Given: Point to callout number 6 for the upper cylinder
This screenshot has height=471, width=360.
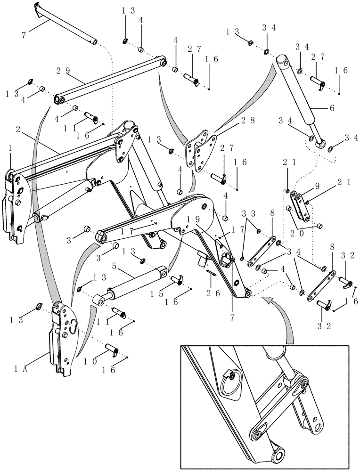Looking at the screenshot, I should pyautogui.click(x=332, y=107).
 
